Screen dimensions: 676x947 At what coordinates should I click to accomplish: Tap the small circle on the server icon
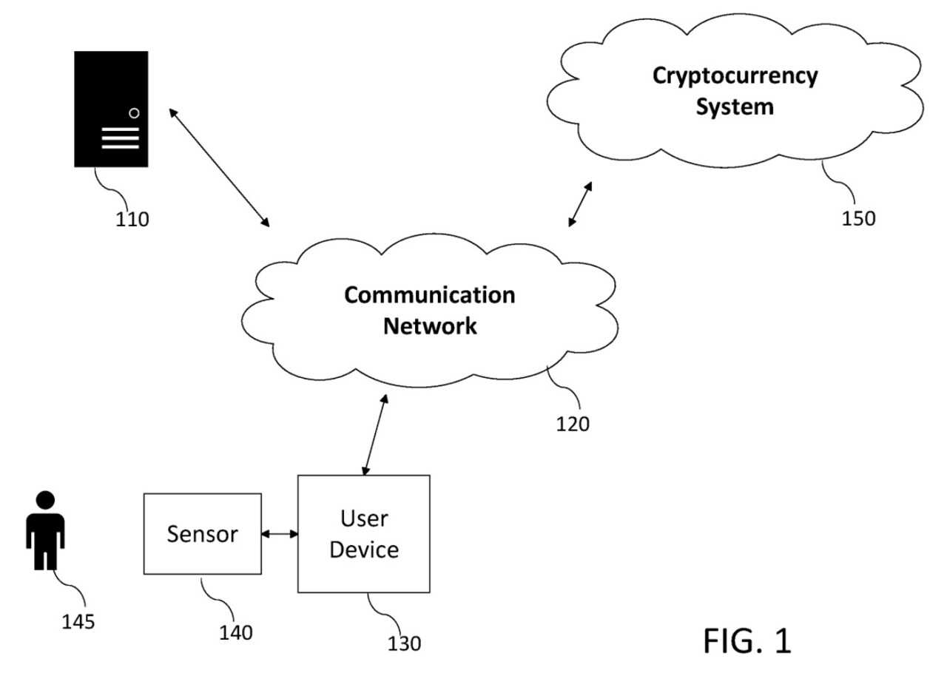pos(134,113)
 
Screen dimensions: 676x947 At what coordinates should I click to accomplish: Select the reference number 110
pos(132,219)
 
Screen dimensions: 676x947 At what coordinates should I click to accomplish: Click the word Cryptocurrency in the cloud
pos(735,76)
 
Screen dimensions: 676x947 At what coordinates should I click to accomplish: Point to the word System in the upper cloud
pos(735,107)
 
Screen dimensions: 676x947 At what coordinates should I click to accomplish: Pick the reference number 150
pos(857,218)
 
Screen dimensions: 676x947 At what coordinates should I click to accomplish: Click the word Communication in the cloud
pos(430,295)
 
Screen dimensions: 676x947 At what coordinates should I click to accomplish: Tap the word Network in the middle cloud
pos(430,325)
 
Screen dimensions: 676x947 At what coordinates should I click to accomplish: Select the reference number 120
pos(573,425)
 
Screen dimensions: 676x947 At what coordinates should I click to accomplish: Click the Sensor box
pos(202,533)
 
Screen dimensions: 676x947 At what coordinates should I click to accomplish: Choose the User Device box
pos(363,533)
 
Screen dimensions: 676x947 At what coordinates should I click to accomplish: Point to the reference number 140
pos(235,632)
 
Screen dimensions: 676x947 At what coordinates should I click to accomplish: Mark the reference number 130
pos(404,643)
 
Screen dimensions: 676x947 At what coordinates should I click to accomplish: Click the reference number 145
pos(78,621)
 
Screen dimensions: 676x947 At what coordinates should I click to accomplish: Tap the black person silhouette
pos(46,530)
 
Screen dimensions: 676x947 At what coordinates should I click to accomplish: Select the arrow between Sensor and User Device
pos(279,533)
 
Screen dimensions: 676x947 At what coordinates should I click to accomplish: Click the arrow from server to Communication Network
pos(219,167)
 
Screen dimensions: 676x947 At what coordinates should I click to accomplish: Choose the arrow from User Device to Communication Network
pos(375,435)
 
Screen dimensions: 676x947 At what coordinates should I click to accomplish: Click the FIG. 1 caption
pos(747,640)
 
